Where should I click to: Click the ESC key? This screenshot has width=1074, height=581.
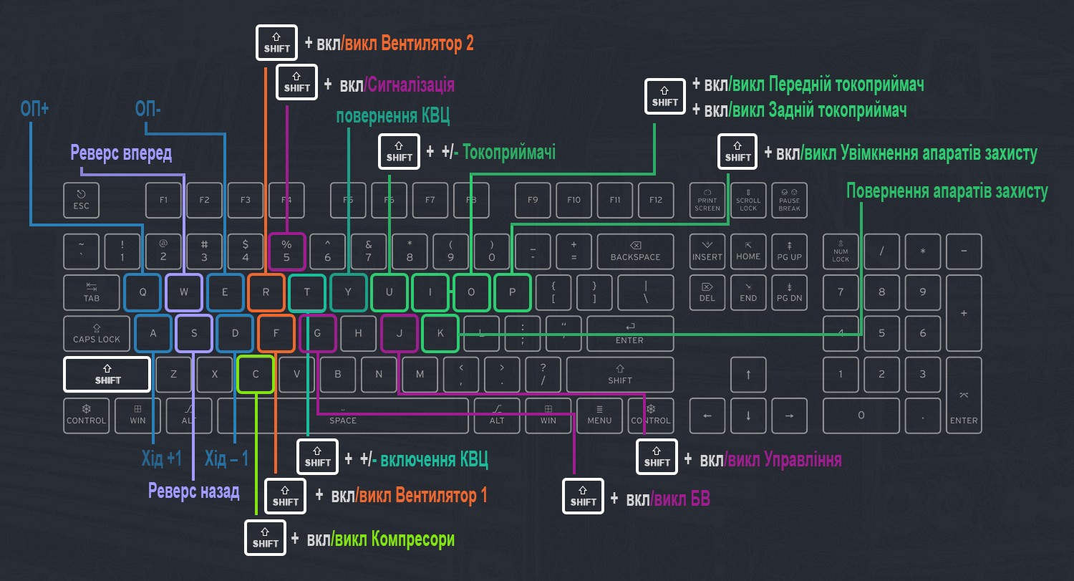click(x=82, y=200)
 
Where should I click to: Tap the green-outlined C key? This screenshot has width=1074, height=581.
click(x=256, y=374)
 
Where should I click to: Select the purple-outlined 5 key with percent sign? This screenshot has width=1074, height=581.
click(x=286, y=251)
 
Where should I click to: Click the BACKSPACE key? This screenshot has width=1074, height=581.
click(x=635, y=251)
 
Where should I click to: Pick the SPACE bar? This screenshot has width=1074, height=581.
click(x=343, y=416)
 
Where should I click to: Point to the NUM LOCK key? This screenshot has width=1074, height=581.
click(x=841, y=251)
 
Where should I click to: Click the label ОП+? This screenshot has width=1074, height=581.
click(x=34, y=109)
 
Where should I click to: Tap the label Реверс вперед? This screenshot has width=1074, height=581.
click(x=121, y=153)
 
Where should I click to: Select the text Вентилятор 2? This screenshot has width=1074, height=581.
click(x=427, y=43)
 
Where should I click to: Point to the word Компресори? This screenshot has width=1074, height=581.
click(x=412, y=539)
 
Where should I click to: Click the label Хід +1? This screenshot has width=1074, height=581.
click(x=161, y=458)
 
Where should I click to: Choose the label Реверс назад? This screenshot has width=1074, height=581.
click(x=193, y=491)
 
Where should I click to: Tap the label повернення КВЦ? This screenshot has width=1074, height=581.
click(x=393, y=117)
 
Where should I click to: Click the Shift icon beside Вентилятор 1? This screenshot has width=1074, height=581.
click(x=286, y=496)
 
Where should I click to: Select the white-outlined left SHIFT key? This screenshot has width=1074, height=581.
click(x=107, y=374)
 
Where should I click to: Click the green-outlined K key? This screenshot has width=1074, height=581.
click(x=440, y=333)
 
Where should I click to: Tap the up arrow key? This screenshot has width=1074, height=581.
click(x=748, y=375)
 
